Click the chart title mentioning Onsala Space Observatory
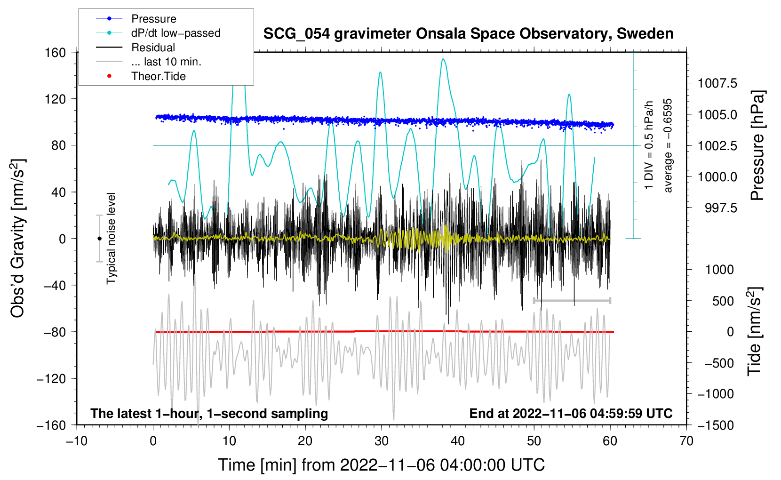[468, 34]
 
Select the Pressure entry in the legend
[154, 19]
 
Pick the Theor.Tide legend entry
[159, 76]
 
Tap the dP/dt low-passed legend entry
[175, 33]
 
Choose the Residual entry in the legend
[153, 48]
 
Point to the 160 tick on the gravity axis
[56, 52]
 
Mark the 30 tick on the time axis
[382, 441]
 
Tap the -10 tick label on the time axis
[77, 441]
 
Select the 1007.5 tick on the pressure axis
[717, 84]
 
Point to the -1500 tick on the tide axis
[716, 425]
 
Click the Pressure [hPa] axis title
[757, 146]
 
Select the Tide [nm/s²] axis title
[754, 332]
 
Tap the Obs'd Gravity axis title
[18, 238]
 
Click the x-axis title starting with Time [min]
[382, 465]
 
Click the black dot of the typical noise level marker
[99, 239]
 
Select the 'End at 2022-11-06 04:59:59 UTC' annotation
[571, 414]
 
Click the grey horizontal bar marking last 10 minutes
[572, 300]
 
